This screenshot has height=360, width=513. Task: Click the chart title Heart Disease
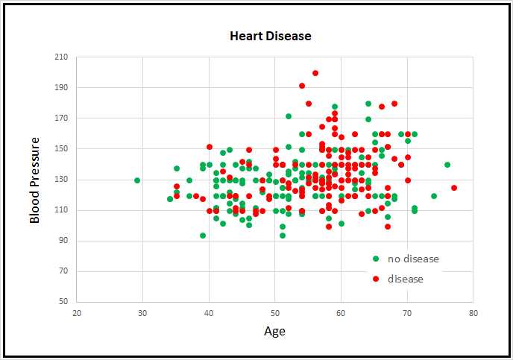coord(270,36)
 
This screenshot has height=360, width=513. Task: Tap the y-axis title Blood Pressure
coord(34,180)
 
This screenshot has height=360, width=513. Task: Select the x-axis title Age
coord(274,331)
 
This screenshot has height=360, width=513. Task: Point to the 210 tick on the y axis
coord(60,57)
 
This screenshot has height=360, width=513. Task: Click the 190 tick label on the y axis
coord(60,88)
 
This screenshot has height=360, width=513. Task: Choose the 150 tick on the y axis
coord(60,149)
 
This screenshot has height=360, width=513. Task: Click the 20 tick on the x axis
coord(77,313)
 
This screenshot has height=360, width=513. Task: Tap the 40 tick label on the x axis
coord(209,313)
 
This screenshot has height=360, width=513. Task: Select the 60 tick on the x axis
coord(341,313)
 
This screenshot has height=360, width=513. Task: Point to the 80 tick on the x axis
coord(473,313)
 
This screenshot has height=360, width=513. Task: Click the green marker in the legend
coord(376,259)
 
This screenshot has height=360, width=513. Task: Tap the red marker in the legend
coord(376,279)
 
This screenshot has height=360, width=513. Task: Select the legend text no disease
coord(413,259)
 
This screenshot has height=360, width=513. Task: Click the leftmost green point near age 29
coord(137,180)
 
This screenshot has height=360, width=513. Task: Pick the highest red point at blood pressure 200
coord(315,73)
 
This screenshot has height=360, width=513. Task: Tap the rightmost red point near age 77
coord(454,188)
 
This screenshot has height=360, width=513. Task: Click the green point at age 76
coord(447,165)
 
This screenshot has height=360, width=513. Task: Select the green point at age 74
coord(434,196)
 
